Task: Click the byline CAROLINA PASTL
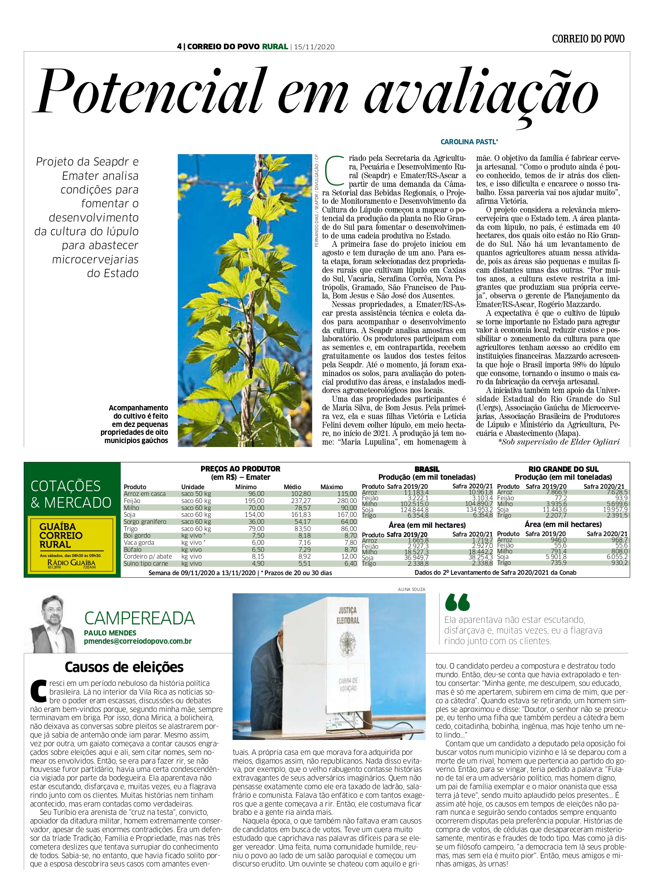click(x=469, y=142)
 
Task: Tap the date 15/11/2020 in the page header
click(x=314, y=47)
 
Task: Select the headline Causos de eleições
click(x=124, y=667)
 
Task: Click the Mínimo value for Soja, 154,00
click(x=255, y=515)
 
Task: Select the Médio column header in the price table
click(x=292, y=487)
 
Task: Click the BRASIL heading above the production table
click(x=427, y=469)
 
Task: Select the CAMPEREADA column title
click(x=139, y=619)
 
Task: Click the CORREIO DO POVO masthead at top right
click(x=588, y=39)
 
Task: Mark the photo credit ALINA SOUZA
click(x=412, y=589)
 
